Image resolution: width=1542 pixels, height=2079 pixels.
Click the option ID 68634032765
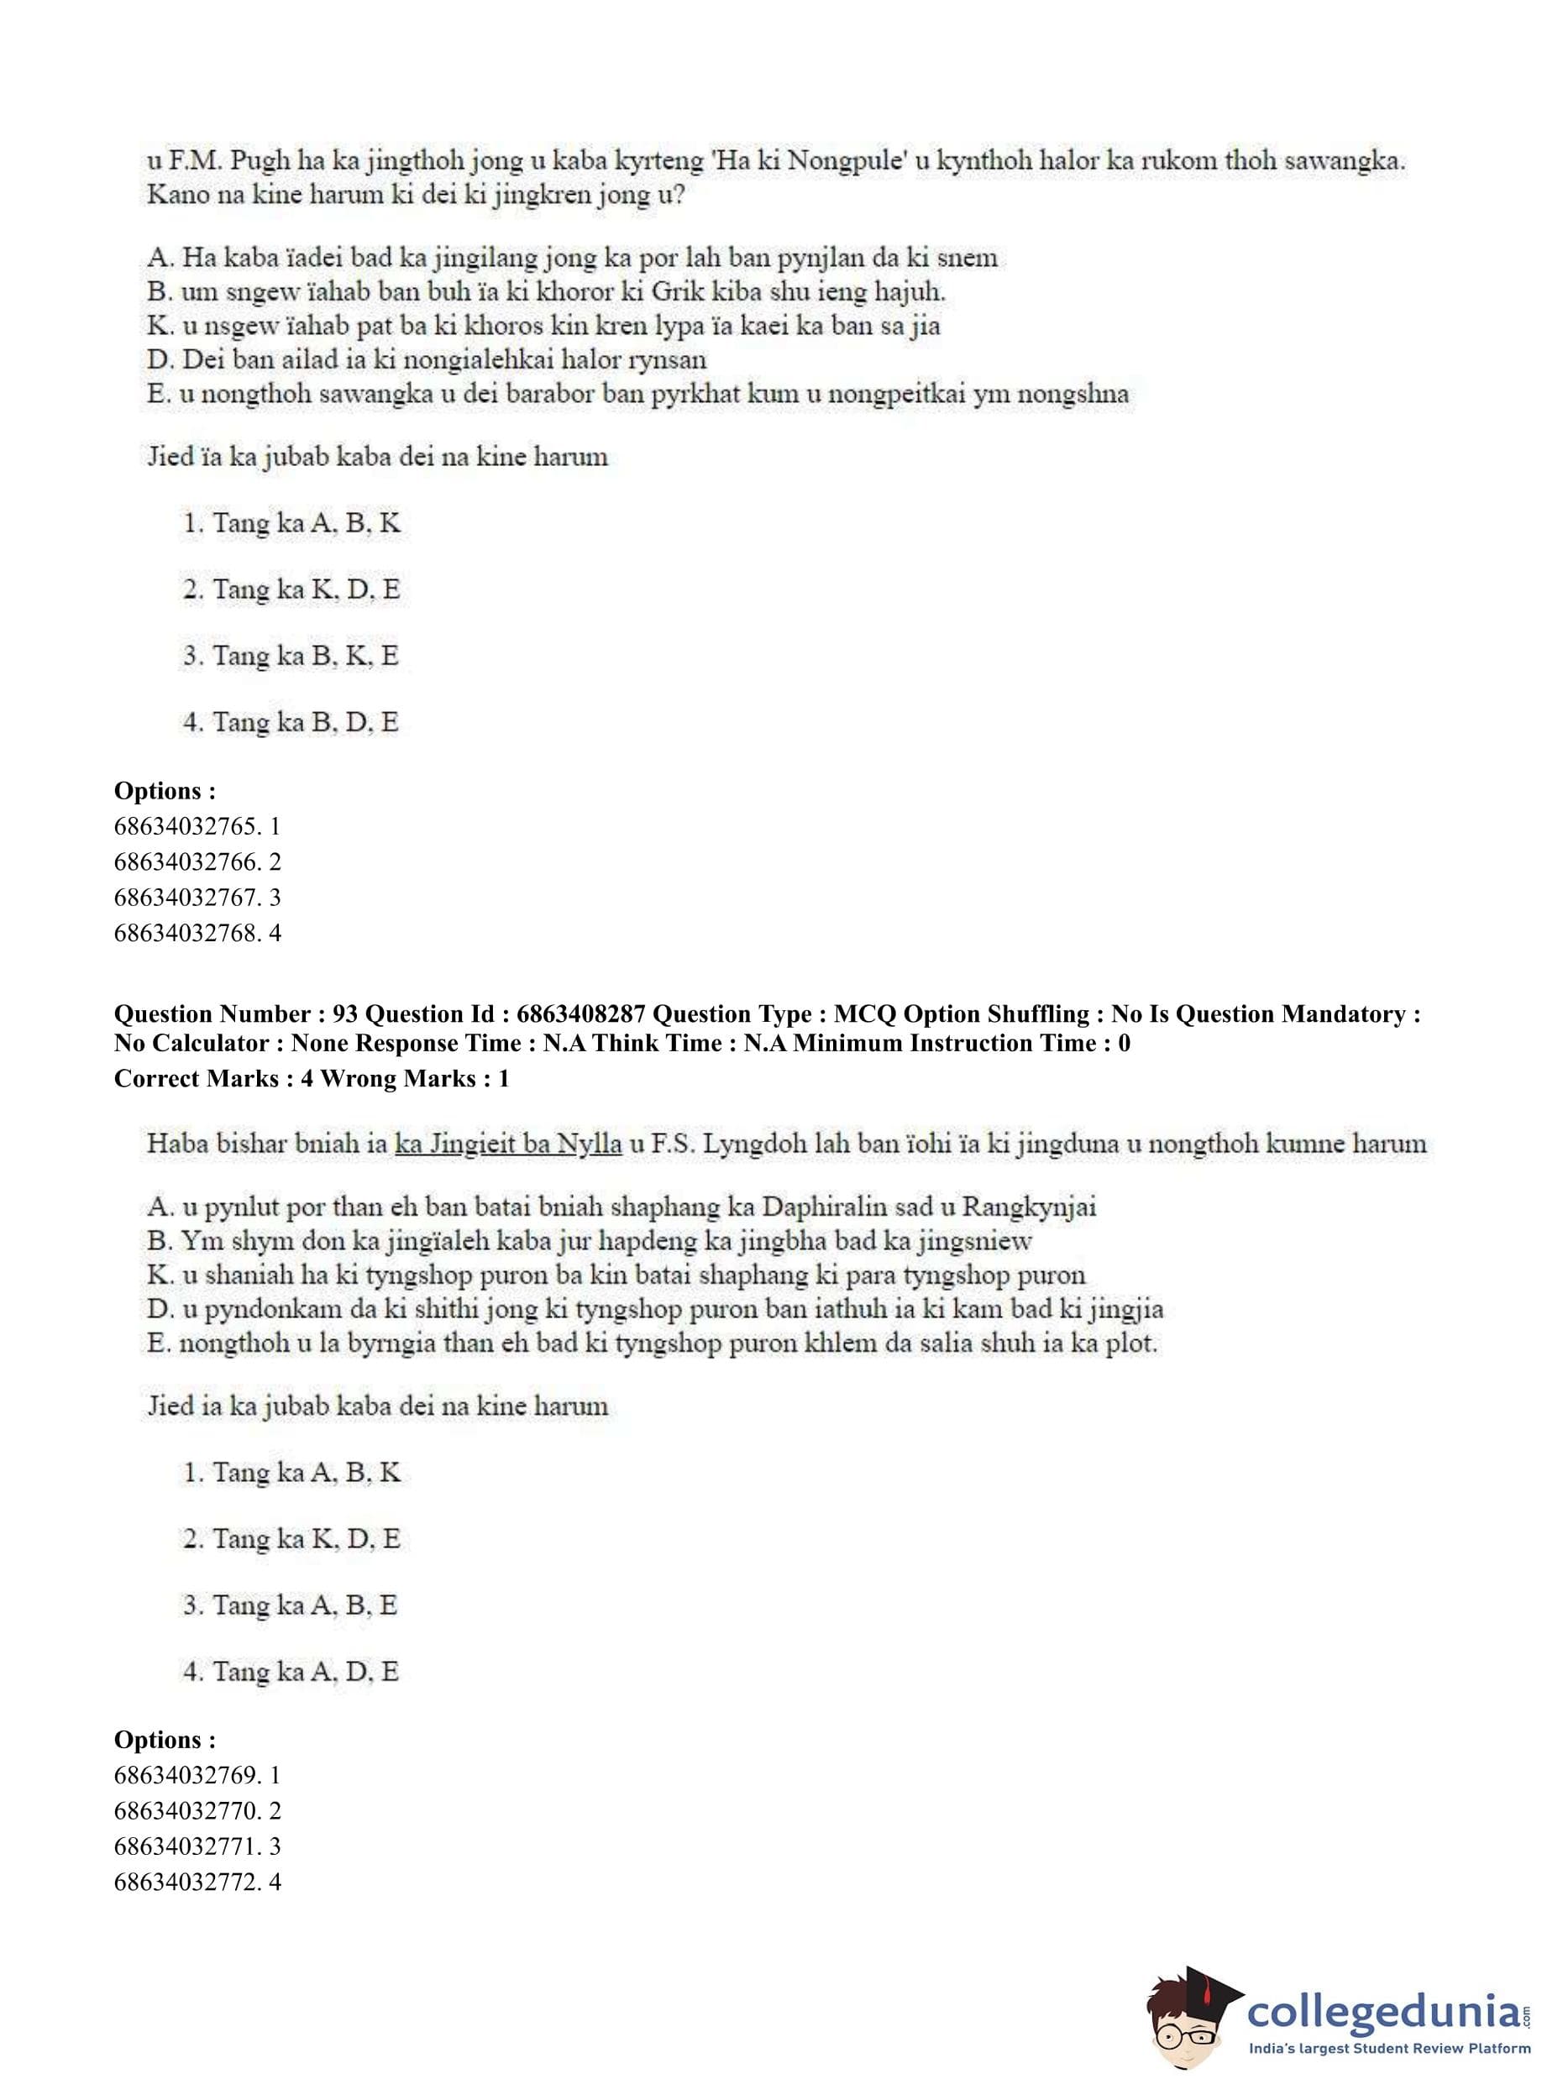coord(186,826)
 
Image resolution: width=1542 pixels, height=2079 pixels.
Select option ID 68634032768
coord(186,932)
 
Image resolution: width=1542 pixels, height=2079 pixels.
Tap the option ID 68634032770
coord(186,1811)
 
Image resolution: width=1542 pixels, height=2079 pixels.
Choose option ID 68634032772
coord(186,1883)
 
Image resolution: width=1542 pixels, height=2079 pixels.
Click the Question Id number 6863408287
coord(580,1014)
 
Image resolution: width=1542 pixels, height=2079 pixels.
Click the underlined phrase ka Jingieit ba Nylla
coord(509,1143)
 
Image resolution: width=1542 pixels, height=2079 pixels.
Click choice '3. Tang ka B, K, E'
coord(291,656)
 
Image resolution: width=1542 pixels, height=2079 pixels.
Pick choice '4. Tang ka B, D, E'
coord(291,722)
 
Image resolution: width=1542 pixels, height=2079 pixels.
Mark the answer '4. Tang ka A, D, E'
coord(291,1671)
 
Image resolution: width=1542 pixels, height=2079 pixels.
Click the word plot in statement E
coord(1131,1343)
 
